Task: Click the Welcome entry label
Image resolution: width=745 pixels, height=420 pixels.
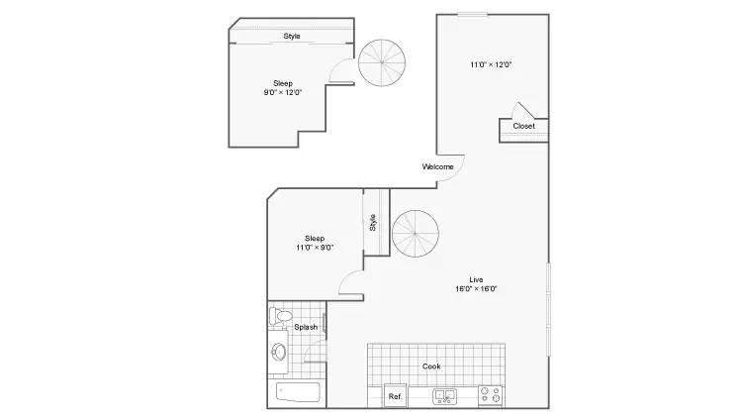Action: coord(437,167)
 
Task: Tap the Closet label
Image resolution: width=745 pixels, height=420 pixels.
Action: coord(523,126)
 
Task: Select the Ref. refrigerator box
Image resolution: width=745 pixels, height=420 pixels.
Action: coord(396,396)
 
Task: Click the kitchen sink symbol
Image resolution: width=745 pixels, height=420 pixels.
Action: coord(444,396)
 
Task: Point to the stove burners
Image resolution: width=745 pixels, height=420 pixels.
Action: coord(491,396)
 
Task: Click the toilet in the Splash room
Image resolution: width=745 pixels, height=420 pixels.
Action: coord(280,316)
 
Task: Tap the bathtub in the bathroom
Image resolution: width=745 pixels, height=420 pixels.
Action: coord(298,392)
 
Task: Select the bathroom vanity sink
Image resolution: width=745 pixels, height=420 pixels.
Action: coord(279,352)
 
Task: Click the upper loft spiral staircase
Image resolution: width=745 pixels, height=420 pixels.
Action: coord(382,62)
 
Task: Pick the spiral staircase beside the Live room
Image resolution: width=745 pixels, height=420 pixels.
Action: coord(416,234)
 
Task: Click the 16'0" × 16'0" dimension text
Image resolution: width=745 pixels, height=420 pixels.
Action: coord(476,288)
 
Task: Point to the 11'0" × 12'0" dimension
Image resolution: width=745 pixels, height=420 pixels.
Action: coord(491,64)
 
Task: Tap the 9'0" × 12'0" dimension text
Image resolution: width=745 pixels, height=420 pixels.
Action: coord(283,92)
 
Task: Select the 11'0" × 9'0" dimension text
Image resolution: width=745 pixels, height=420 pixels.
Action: coord(315,248)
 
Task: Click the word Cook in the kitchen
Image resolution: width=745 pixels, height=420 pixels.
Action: coord(431,367)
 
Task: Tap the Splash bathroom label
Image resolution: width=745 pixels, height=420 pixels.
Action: coord(306,327)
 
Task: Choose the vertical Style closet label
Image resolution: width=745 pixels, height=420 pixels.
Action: coord(372,223)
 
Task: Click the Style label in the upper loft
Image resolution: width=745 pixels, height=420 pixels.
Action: coord(292,36)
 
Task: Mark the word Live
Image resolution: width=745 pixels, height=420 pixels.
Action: coord(476,279)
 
